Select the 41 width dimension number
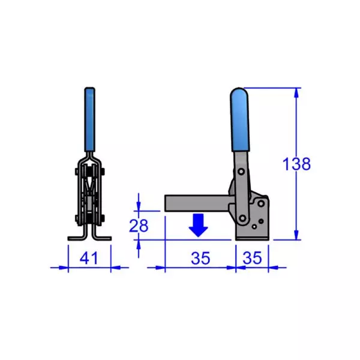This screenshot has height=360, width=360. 89,259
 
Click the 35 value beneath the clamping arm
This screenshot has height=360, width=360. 200,259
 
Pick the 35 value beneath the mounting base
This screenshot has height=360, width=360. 252,259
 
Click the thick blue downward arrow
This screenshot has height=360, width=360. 198,224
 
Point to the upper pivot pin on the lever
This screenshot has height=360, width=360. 241,172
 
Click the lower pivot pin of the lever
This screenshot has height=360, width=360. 243,217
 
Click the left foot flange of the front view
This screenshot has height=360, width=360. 75,238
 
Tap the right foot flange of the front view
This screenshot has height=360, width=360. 103,238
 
